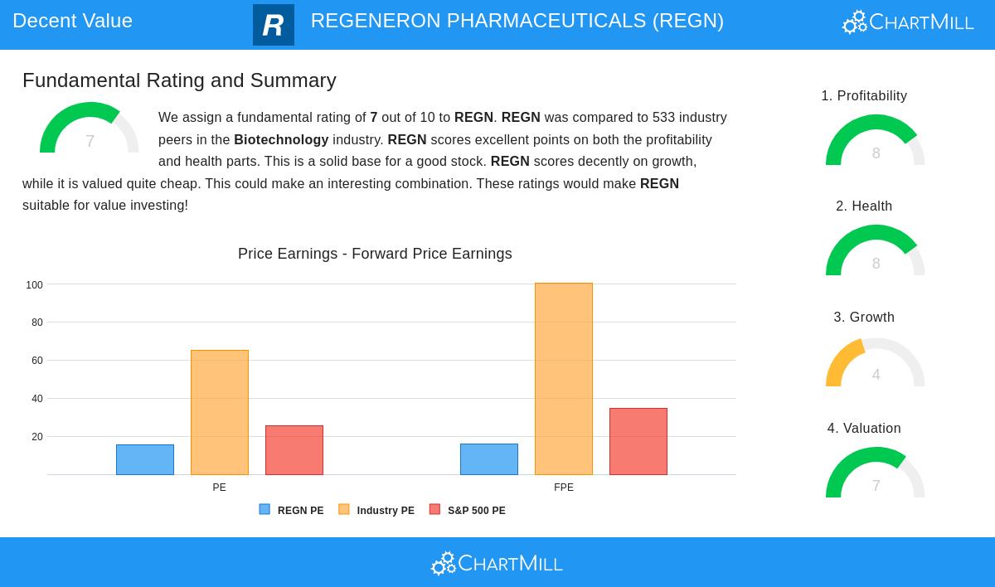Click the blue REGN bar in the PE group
point(145,459)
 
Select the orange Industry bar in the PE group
point(220,412)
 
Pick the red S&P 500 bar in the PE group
point(294,449)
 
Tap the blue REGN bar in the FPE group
point(489,459)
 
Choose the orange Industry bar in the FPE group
point(564,379)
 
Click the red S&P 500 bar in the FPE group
point(638,441)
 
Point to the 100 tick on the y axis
point(34,285)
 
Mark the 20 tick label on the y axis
point(36,437)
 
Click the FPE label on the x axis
point(564,488)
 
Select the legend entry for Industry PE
point(376,511)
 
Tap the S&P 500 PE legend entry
point(468,511)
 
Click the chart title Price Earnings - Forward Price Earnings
point(375,254)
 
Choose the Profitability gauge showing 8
point(875,143)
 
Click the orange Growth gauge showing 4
point(875,365)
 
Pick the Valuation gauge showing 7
point(875,475)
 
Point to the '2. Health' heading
point(864,206)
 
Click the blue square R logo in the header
point(274,25)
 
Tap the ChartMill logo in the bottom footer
point(497,564)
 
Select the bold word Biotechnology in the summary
point(281,140)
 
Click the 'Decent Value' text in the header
point(72,21)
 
